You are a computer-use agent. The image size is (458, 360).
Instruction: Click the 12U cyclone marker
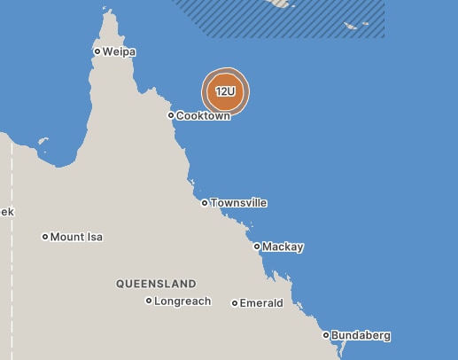click(x=226, y=91)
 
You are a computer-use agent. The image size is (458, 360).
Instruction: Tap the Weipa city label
click(x=119, y=51)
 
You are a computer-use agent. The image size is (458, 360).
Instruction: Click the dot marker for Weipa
click(x=97, y=51)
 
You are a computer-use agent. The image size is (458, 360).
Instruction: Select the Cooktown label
click(x=203, y=116)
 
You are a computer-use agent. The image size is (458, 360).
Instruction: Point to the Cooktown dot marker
click(x=171, y=115)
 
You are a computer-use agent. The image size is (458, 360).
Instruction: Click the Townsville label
click(x=238, y=203)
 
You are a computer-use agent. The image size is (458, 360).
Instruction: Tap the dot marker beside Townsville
click(x=205, y=203)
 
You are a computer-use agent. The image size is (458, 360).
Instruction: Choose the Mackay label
click(x=283, y=247)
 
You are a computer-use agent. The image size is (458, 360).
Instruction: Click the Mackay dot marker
click(x=257, y=247)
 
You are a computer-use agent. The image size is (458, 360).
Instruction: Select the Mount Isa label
click(x=76, y=237)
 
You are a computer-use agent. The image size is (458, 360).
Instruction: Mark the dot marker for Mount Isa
click(x=45, y=237)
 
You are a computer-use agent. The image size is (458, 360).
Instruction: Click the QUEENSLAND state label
click(x=156, y=284)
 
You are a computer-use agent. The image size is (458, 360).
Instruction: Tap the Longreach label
click(x=182, y=301)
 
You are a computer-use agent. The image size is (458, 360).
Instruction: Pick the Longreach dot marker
click(x=149, y=301)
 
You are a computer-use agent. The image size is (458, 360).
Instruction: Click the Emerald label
click(x=261, y=303)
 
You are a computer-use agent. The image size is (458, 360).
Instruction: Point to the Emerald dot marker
click(x=235, y=303)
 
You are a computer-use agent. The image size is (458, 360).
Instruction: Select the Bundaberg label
click(x=361, y=336)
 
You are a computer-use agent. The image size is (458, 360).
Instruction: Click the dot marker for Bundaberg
click(x=326, y=335)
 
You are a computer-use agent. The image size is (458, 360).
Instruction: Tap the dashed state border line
click(x=12, y=266)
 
